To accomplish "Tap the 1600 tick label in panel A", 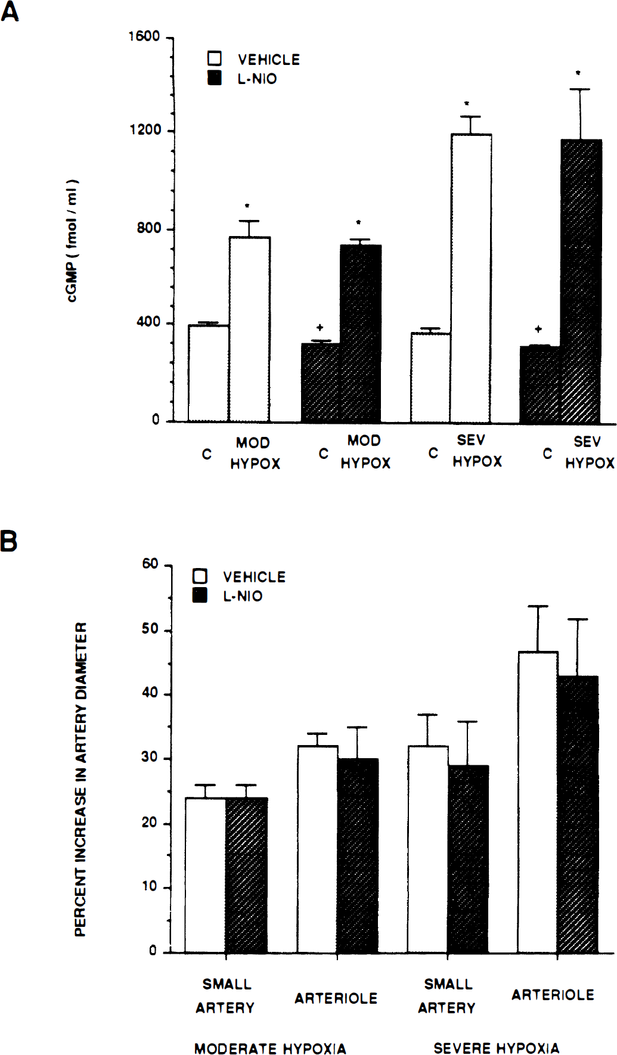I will coord(144,37).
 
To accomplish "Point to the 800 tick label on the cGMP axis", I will coord(149,228).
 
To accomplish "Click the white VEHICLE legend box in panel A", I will coord(215,58).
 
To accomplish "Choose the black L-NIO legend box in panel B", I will coord(200,595).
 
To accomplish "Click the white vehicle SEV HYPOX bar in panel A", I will coord(471,278).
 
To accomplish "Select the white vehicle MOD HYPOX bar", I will coord(250,330).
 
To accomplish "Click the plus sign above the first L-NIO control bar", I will coord(320,327).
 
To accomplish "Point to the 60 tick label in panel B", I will coord(150,564).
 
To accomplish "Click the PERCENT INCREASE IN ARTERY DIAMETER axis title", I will coord(81,779).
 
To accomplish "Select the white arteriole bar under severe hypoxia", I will coord(538,802).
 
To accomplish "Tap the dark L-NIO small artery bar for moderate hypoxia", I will coord(246,874).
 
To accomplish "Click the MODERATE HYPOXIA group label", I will coord(270,1048).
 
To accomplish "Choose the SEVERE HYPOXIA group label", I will coord(496,1048).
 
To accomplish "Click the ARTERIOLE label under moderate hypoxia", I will coord(336,998).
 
